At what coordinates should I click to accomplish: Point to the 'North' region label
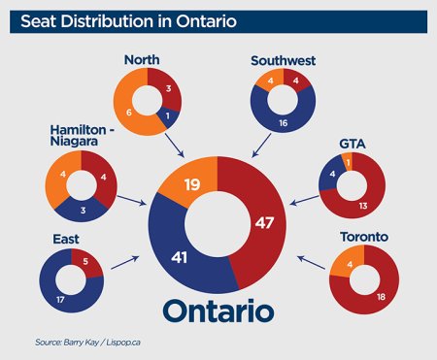(x=142, y=60)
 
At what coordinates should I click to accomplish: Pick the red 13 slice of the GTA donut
(x=362, y=205)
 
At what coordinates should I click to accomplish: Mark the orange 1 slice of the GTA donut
(x=347, y=161)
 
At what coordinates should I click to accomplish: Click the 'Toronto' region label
(x=364, y=236)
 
